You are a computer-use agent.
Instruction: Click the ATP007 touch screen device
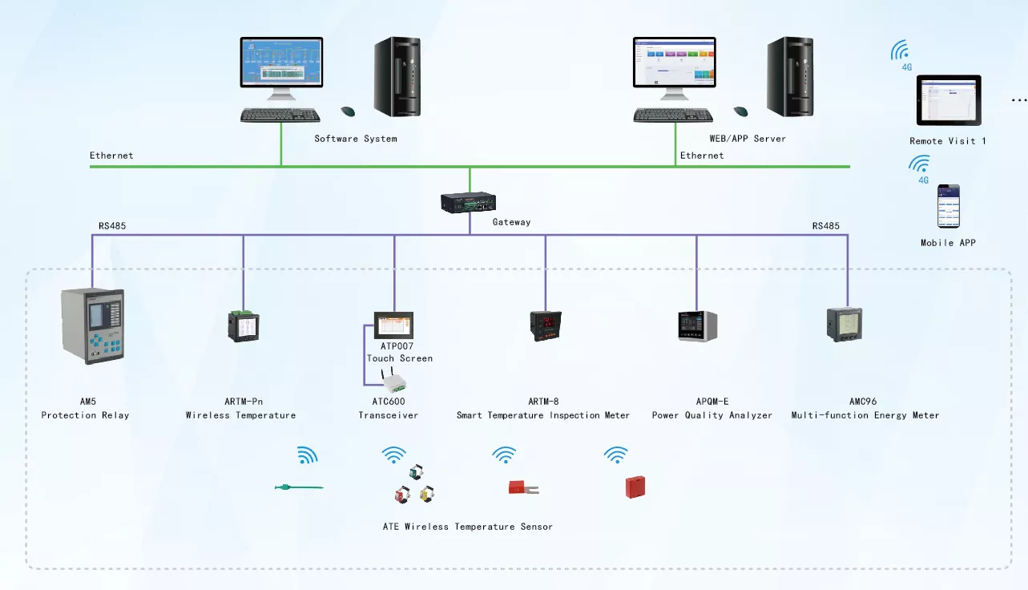(393, 325)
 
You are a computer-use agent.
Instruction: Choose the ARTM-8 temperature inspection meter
(545, 325)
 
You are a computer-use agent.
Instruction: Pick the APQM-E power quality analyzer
(697, 325)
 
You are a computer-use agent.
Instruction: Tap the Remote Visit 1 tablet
(949, 101)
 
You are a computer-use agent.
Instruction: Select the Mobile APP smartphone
(949, 207)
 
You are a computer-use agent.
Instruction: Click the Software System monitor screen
(281, 63)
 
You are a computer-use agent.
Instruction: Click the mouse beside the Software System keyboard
(348, 111)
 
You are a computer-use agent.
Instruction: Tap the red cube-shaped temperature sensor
(635, 487)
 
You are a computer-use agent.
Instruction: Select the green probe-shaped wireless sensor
(297, 487)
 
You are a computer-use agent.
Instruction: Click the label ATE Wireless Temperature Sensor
(468, 527)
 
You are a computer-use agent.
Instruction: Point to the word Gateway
(511, 222)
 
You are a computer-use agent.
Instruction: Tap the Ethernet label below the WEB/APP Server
(702, 156)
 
